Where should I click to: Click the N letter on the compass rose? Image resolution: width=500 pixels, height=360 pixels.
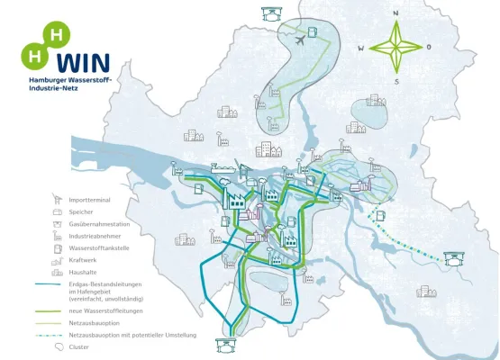[x=395, y=13]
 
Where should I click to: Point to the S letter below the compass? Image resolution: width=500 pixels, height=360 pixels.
[x=395, y=81]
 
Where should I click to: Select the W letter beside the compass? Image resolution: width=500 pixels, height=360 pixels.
[x=361, y=48]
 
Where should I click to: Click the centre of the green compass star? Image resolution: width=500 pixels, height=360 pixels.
[x=395, y=47]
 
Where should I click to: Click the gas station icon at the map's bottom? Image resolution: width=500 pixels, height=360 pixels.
[x=223, y=345]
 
